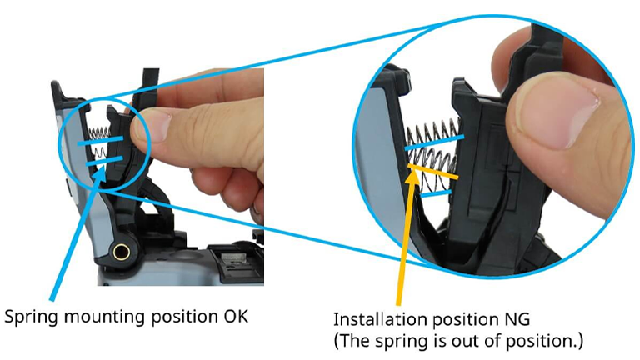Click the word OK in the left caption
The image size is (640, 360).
pyautogui.click(x=236, y=317)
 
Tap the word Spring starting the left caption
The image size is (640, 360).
pyautogui.click(x=32, y=318)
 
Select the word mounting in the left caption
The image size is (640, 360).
pyautogui.click(x=105, y=318)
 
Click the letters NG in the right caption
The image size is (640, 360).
pyautogui.click(x=517, y=319)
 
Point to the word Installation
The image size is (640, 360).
pyautogui.click(x=382, y=319)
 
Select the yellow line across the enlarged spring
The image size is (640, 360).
pyautogui.click(x=433, y=172)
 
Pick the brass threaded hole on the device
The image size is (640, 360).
pyautogui.click(x=121, y=252)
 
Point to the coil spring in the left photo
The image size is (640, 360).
pyautogui.click(x=99, y=142)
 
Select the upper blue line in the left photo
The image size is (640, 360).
pyautogui.click(x=100, y=140)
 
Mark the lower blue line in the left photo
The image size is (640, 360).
pyautogui.click(x=104, y=160)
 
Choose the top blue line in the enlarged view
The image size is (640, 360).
pyautogui.click(x=434, y=142)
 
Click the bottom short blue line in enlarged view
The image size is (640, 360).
pyautogui.click(x=436, y=193)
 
